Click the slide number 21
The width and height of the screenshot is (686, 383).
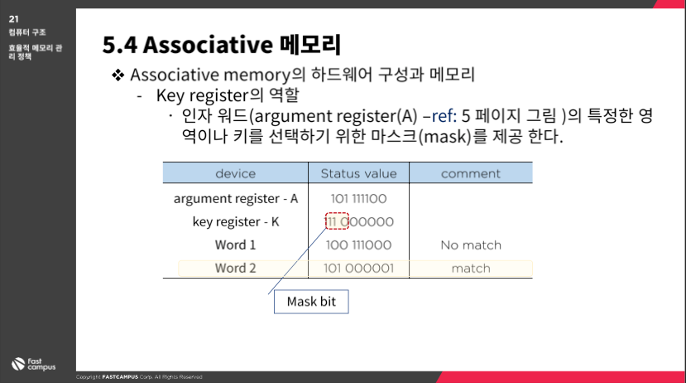[13, 19]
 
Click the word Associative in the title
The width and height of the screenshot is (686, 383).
[208, 45]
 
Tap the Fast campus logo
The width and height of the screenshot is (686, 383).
[33, 364]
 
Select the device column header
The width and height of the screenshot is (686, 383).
[235, 173]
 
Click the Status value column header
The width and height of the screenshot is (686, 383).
[359, 173]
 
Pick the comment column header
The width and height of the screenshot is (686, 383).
[471, 174]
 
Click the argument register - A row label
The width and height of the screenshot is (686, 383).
[236, 198]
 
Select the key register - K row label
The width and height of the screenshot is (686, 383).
[236, 221]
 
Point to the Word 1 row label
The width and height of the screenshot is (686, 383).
[235, 245]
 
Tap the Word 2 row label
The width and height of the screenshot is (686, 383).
[235, 269]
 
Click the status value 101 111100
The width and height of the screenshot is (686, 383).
[359, 199]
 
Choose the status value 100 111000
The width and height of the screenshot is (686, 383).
[359, 245]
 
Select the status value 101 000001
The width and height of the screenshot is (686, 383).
[359, 269]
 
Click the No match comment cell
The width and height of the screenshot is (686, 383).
[471, 245]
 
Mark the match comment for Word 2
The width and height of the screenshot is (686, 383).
[471, 269]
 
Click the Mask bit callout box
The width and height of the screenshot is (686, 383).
[311, 302]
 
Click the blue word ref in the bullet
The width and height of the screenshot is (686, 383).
[444, 116]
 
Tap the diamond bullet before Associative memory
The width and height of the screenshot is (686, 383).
[118, 75]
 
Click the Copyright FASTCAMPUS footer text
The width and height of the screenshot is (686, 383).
[139, 377]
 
